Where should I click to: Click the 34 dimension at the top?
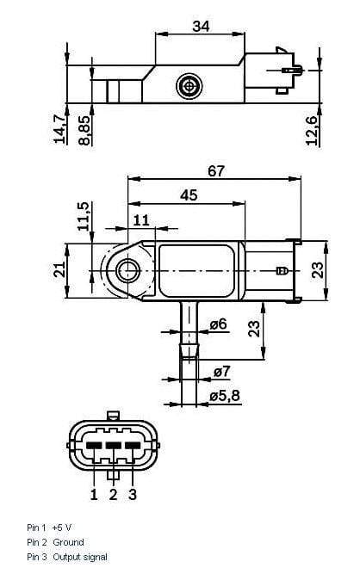pos(201,27)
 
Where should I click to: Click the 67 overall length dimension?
pos(215,171)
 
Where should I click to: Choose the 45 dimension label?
pos(189,195)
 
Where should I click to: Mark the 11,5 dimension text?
pos(83,218)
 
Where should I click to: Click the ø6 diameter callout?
pos(219,324)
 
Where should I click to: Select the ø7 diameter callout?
pos(221,372)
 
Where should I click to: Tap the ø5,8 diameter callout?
pos(227,396)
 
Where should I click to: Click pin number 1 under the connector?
pos(94,494)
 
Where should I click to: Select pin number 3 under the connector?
pos(132,494)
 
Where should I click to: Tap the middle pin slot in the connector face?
pos(113,445)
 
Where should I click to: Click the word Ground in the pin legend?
pos(68,542)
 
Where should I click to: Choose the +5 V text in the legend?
pos(63,527)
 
